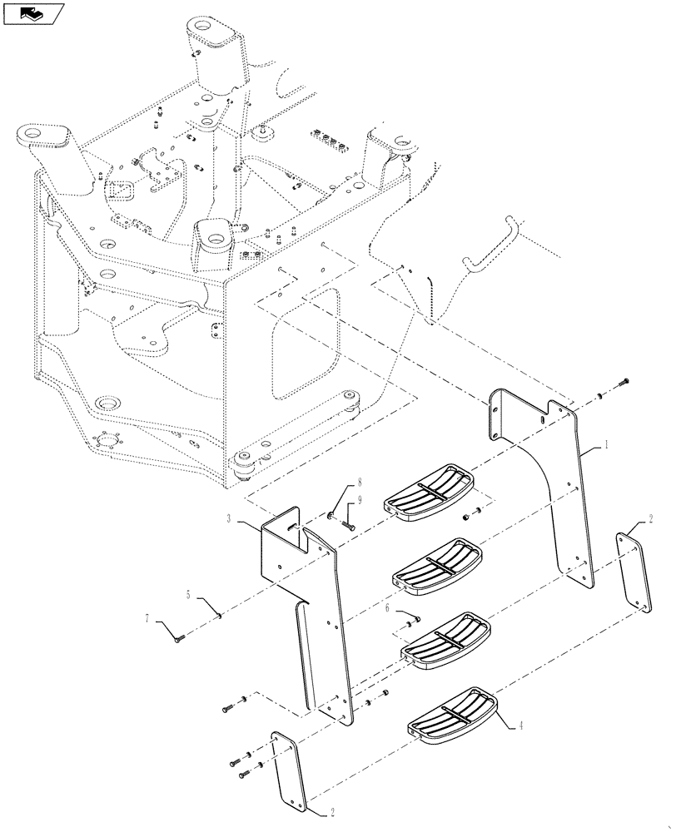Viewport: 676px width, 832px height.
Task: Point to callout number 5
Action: pos(189,595)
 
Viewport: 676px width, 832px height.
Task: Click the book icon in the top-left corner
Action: pos(33,12)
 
